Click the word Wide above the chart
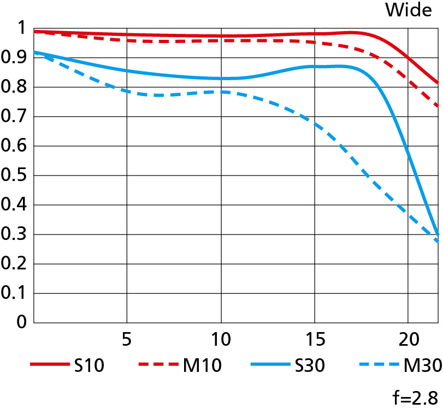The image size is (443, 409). pos(409,10)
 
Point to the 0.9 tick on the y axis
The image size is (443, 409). pos(14,57)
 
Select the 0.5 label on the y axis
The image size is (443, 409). pos(14,176)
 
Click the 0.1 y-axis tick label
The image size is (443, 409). pos(14,293)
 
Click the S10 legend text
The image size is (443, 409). pos(88,365)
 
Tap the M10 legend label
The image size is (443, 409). pos(203,365)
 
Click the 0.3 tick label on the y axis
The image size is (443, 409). pos(14,234)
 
